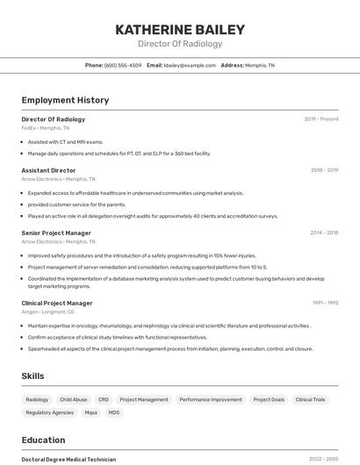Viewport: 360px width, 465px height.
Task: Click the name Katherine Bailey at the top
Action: click(x=180, y=30)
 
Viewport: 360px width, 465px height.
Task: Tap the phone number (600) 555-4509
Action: click(x=122, y=65)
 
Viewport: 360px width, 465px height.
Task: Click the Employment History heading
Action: click(x=65, y=100)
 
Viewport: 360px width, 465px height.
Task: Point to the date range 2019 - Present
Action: click(x=321, y=119)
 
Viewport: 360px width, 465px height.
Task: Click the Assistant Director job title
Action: click(x=48, y=170)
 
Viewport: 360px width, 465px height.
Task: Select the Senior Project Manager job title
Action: click(x=56, y=233)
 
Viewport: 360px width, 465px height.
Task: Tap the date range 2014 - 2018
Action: click(x=324, y=233)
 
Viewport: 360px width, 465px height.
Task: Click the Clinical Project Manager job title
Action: click(x=57, y=303)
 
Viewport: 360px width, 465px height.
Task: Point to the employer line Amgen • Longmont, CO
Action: click(x=47, y=311)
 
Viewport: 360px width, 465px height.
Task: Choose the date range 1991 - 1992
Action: click(x=325, y=303)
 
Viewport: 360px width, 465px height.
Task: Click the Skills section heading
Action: click(x=33, y=376)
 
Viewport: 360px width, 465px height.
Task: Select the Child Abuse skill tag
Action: click(x=73, y=399)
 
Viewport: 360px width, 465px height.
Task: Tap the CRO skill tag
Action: click(x=104, y=399)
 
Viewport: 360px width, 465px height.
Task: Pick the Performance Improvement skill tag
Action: click(x=211, y=399)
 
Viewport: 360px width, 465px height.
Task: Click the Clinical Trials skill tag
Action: click(x=310, y=399)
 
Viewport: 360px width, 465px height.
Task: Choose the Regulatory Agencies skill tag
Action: click(x=50, y=412)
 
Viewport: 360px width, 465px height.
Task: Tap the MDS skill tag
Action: click(x=114, y=412)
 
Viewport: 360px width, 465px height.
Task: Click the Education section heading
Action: click(x=44, y=440)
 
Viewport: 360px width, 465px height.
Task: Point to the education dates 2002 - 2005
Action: click(x=323, y=459)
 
